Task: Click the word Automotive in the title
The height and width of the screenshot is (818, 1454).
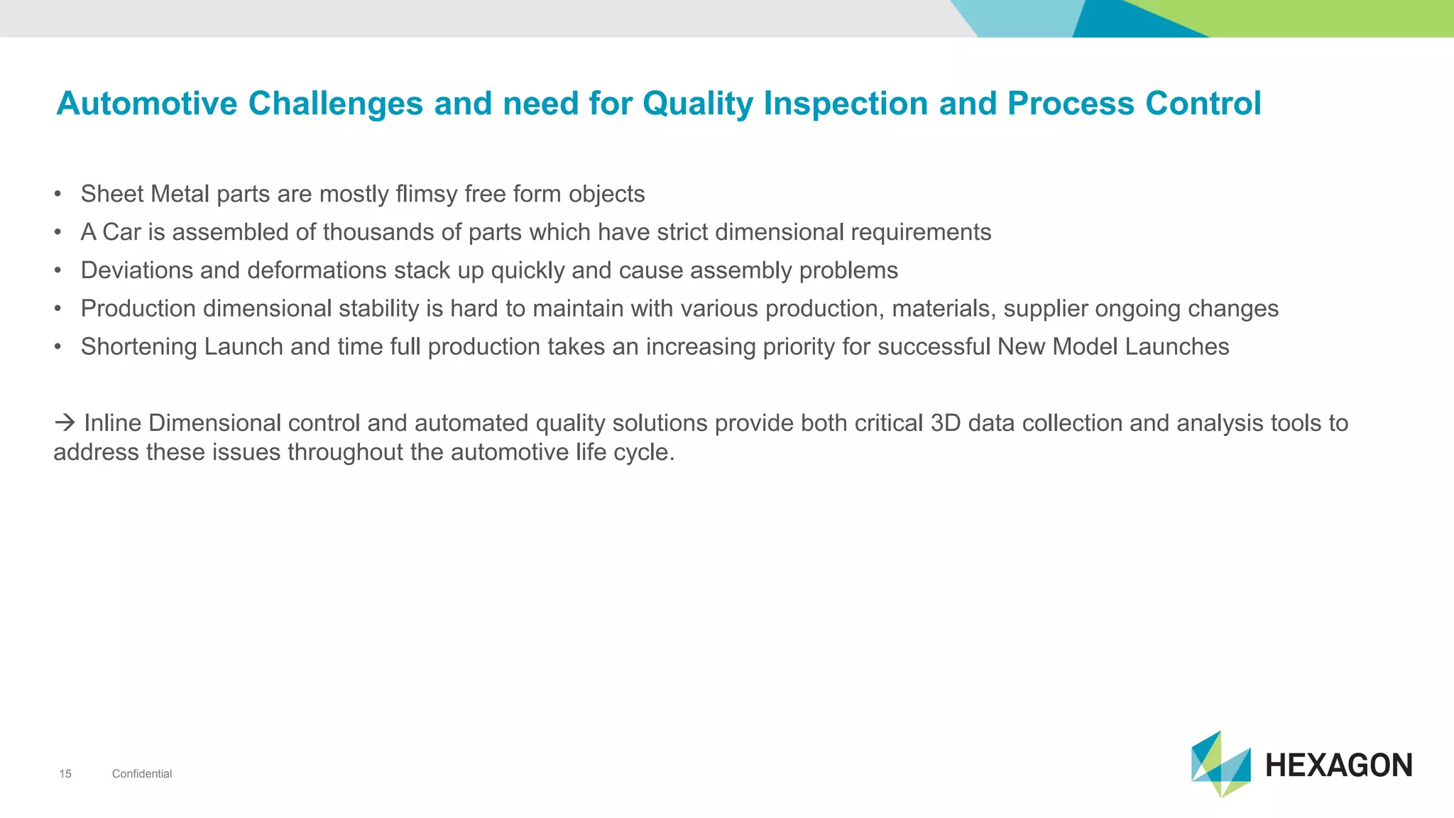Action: [147, 104]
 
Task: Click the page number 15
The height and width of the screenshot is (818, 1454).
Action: [65, 774]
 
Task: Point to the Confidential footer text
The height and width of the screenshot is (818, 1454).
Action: [142, 774]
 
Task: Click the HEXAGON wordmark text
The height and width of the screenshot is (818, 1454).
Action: [1338, 765]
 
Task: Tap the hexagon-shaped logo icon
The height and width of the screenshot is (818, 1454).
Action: [1220, 764]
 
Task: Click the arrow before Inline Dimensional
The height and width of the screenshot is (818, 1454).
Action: [65, 423]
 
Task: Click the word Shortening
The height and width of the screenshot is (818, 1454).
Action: [139, 347]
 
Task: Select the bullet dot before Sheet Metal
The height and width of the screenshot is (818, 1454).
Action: [58, 195]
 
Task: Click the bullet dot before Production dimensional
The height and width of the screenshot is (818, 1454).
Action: [58, 309]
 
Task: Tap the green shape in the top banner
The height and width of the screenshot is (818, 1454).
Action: [1335, 18]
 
